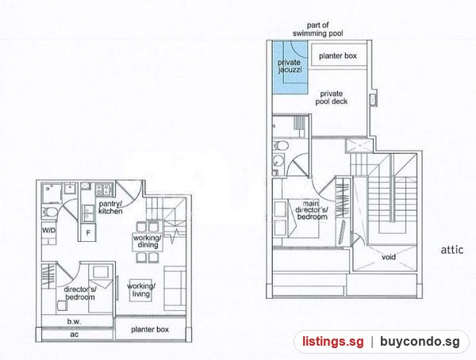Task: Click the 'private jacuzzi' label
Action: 290,66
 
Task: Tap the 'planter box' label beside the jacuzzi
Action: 338,56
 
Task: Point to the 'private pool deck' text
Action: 331,98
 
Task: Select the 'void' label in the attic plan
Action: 389,257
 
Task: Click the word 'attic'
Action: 452,250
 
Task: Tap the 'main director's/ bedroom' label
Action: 312,210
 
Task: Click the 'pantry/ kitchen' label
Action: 110,207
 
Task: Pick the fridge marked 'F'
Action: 88,233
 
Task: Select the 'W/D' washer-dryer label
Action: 48,231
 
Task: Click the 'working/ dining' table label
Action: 148,241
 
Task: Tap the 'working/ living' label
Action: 141,290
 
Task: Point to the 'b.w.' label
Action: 74,321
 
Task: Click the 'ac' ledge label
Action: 75,334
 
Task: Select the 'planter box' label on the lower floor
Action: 150,330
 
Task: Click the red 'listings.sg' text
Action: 332,342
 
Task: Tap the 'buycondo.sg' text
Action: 420,342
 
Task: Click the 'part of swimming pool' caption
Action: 318,29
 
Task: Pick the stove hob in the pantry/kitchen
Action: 104,190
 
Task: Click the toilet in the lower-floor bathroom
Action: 50,213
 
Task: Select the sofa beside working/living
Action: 175,289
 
